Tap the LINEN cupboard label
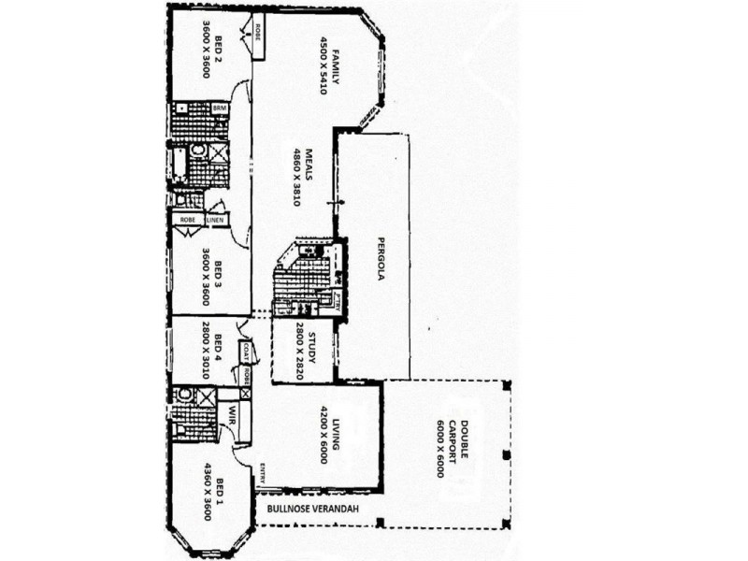(x=216, y=220)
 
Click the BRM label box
(x=221, y=108)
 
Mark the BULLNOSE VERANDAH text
(x=316, y=511)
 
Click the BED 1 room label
(x=219, y=492)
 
